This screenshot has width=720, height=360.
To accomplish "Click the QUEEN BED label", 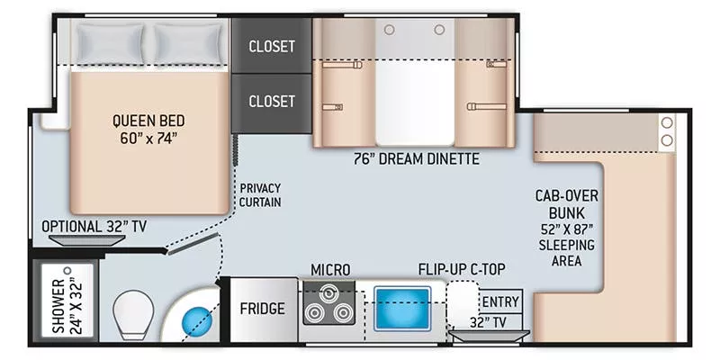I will tap(145, 129).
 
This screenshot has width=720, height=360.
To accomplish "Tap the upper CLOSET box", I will tap(271, 46).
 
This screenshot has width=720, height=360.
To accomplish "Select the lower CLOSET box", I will tap(271, 101).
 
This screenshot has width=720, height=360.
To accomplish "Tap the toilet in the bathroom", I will tap(134, 316).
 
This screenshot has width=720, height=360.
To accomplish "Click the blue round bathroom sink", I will tap(194, 319).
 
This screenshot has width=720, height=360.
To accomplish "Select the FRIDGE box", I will tap(262, 309).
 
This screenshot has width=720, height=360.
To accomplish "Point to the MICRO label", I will tap(330, 269).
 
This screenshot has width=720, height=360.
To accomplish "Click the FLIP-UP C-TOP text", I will tap(465, 269).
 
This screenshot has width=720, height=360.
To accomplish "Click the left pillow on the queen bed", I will tap(110, 40).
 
